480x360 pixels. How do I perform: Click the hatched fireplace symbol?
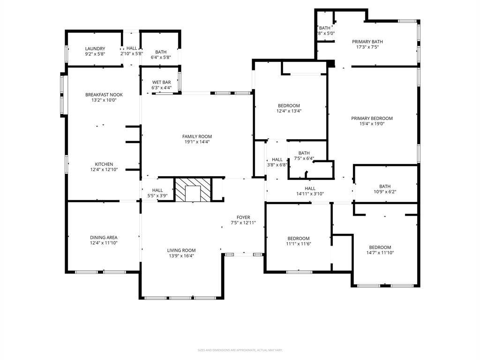click(x=193, y=190)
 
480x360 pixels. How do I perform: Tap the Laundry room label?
click(x=95, y=49)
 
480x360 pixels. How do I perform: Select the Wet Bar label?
click(x=161, y=82)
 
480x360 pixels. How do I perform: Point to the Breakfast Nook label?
click(x=104, y=95)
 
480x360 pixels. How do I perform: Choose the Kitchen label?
click(x=104, y=164)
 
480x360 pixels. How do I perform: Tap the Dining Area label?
click(x=104, y=237)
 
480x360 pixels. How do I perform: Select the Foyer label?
click(x=243, y=217)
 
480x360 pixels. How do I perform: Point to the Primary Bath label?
click(x=367, y=42)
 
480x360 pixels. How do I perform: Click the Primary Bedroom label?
click(x=372, y=118)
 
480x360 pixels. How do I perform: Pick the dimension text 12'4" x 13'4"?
click(x=288, y=111)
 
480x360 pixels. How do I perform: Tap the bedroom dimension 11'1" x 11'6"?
click(x=299, y=244)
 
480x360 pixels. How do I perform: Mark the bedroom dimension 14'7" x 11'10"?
click(x=380, y=253)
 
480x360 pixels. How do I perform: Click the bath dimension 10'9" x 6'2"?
click(x=385, y=192)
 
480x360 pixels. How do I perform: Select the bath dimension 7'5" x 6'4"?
click(x=304, y=158)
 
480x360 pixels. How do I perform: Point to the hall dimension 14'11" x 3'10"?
click(x=310, y=194)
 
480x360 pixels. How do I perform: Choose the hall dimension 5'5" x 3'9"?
click(x=157, y=195)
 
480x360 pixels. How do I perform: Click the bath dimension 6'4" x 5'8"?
click(x=161, y=58)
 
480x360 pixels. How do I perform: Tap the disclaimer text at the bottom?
click(x=240, y=350)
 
